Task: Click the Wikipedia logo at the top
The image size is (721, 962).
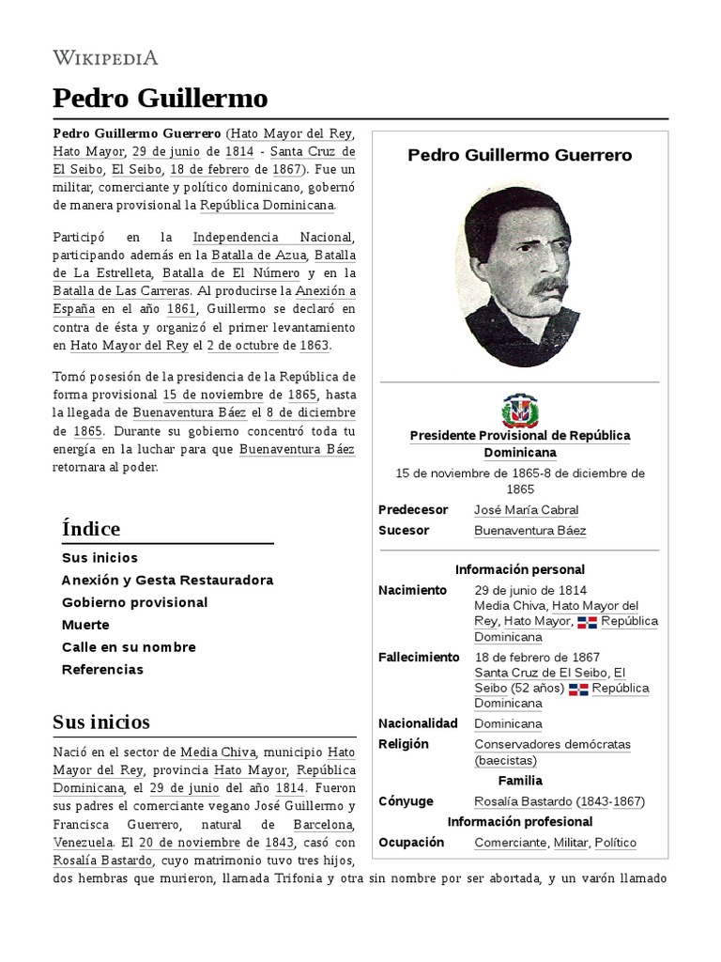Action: [x=105, y=58]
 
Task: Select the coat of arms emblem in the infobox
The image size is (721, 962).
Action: [x=519, y=411]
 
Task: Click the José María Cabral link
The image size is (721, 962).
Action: [x=526, y=510]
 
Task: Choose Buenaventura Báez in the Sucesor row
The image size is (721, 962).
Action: [x=530, y=531]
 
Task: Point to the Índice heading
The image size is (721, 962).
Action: [x=91, y=528]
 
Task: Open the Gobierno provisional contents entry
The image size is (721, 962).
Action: [x=134, y=602]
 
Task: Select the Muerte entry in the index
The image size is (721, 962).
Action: [x=85, y=625]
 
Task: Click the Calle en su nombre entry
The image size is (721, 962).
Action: [x=129, y=647]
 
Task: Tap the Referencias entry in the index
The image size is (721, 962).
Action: [x=102, y=670]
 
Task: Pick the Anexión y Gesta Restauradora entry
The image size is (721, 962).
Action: [x=167, y=580]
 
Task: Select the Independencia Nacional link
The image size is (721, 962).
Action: [x=272, y=237]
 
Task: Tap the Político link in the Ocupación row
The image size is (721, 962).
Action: [x=615, y=843]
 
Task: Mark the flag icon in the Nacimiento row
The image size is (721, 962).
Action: [x=587, y=622]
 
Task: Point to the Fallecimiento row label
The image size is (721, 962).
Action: [x=419, y=657]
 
